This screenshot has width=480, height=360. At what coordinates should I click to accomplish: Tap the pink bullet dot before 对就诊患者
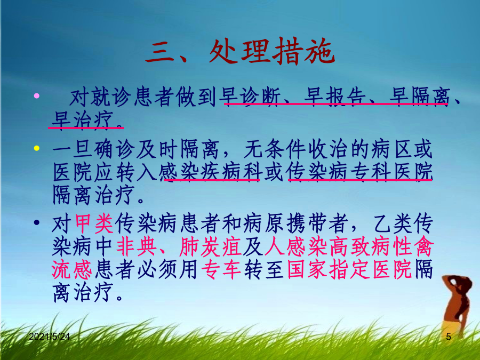point(37,96)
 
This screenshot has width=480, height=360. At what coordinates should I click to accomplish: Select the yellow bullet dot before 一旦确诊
point(37,148)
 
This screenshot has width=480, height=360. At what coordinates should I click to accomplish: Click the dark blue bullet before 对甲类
point(37,222)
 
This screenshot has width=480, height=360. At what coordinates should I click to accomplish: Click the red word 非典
point(137,246)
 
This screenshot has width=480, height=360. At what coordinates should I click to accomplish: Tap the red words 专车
point(221,269)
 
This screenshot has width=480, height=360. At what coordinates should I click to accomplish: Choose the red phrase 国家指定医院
point(349,269)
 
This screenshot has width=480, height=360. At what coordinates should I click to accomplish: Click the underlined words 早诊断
point(250,97)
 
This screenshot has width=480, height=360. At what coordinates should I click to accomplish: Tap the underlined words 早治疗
point(83,120)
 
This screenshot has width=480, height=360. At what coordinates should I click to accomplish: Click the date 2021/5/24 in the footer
point(49,337)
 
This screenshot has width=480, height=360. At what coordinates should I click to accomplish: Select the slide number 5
point(449,337)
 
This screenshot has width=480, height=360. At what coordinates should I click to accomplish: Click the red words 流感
point(71,269)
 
